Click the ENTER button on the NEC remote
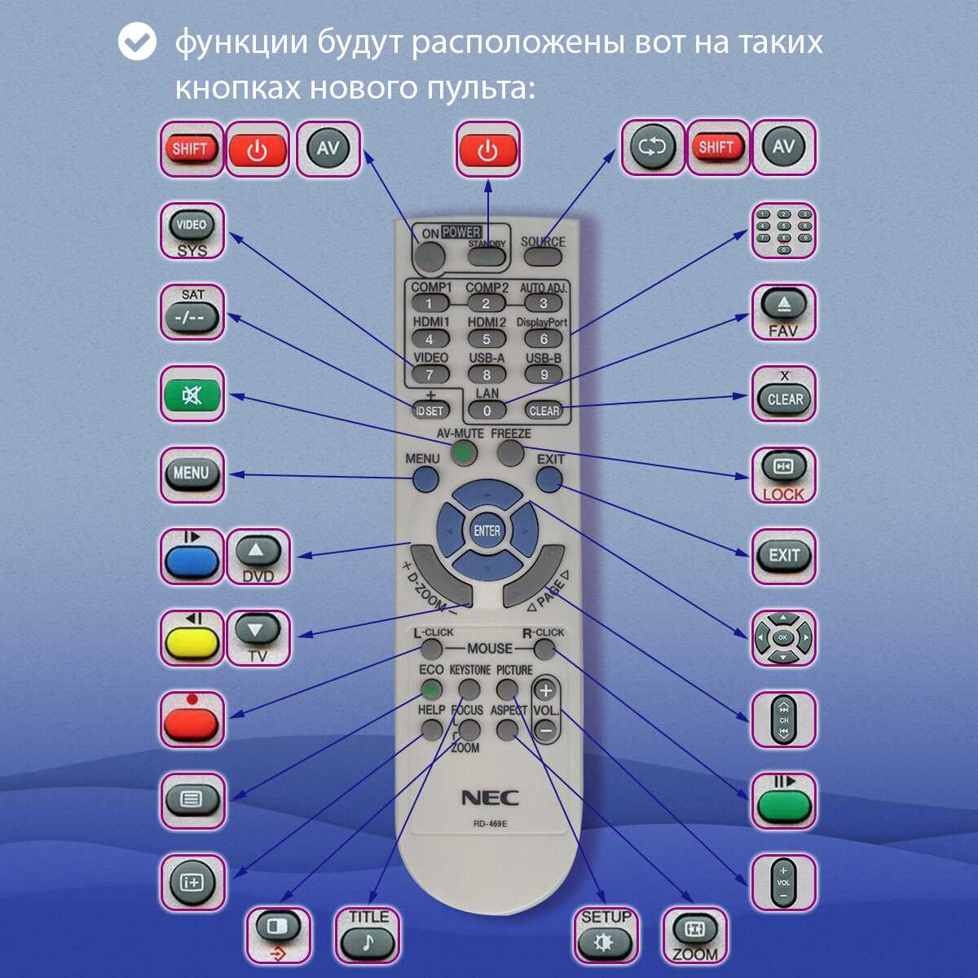coord(487,531)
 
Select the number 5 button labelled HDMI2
coord(487,339)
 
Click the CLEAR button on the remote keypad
coord(544,411)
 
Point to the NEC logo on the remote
coord(490,798)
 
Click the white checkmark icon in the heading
coord(137,42)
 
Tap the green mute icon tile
coord(192,394)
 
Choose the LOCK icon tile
coord(783,475)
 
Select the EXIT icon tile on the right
coord(783,557)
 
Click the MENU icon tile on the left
coord(192,474)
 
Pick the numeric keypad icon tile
coord(783,231)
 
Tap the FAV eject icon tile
coord(783,312)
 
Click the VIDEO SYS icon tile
coord(192,231)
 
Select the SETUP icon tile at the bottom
coord(606,935)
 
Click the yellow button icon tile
coord(192,638)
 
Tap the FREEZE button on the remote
coord(511,452)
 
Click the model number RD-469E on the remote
coord(490,823)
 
